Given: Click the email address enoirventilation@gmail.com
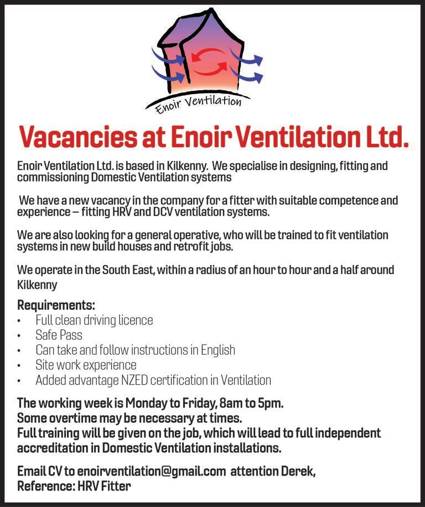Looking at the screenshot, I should (152, 472).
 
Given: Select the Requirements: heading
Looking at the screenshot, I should (56, 305).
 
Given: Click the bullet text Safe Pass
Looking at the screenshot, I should (59, 335).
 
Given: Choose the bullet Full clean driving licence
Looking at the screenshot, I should (94, 320).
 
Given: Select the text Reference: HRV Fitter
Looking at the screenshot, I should (74, 487).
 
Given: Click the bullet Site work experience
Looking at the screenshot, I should (86, 365).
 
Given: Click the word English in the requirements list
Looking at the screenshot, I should (215, 350).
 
